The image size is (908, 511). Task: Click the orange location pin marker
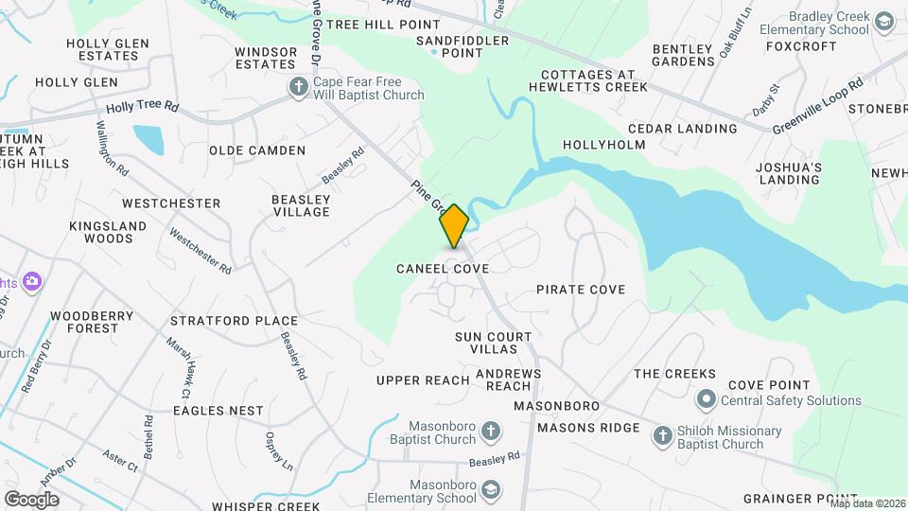click(455, 225)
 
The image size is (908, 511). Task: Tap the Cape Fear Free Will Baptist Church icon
click(299, 88)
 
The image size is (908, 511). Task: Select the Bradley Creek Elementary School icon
click(884, 23)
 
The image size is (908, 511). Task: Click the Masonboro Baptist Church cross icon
click(490, 432)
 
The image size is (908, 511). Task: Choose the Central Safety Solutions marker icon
click(706, 399)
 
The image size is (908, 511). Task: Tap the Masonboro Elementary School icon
click(490, 488)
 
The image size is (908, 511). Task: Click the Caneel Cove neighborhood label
click(443, 269)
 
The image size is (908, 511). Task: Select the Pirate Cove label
click(581, 290)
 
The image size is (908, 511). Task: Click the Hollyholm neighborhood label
click(604, 145)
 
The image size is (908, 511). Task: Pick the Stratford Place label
click(234, 321)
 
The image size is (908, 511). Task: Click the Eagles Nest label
click(218, 411)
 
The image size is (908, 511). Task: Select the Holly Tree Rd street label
click(142, 108)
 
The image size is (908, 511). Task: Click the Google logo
click(31, 499)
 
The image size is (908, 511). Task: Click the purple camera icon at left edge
click(32, 281)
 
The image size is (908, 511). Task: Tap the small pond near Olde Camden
click(148, 140)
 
